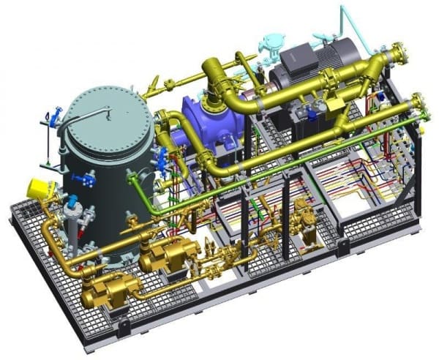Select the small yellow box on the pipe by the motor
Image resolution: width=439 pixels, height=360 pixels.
pos(337,107)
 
